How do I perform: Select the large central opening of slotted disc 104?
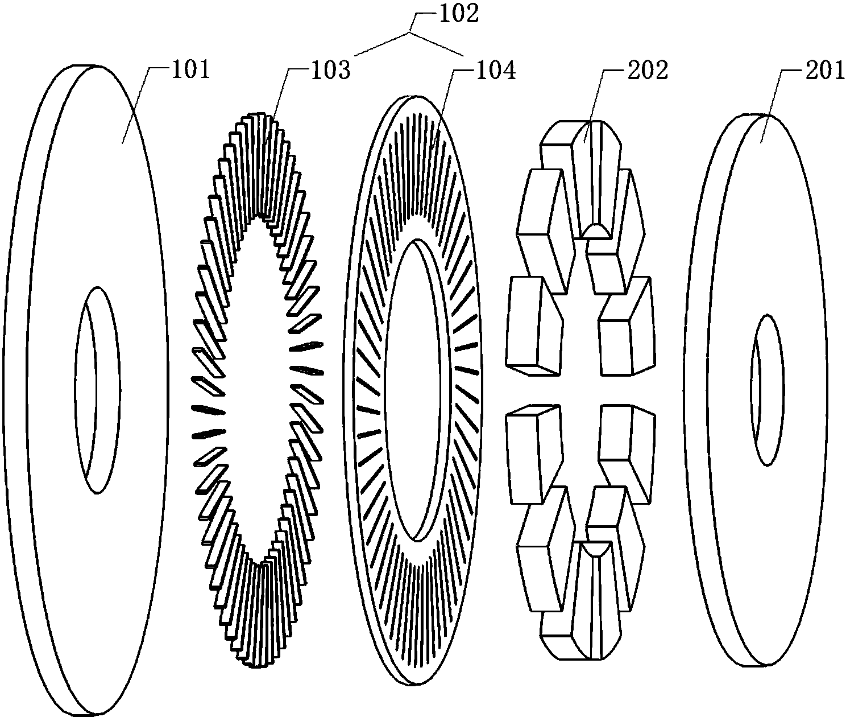coord(413,390)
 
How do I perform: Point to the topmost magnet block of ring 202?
coord(591,176)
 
